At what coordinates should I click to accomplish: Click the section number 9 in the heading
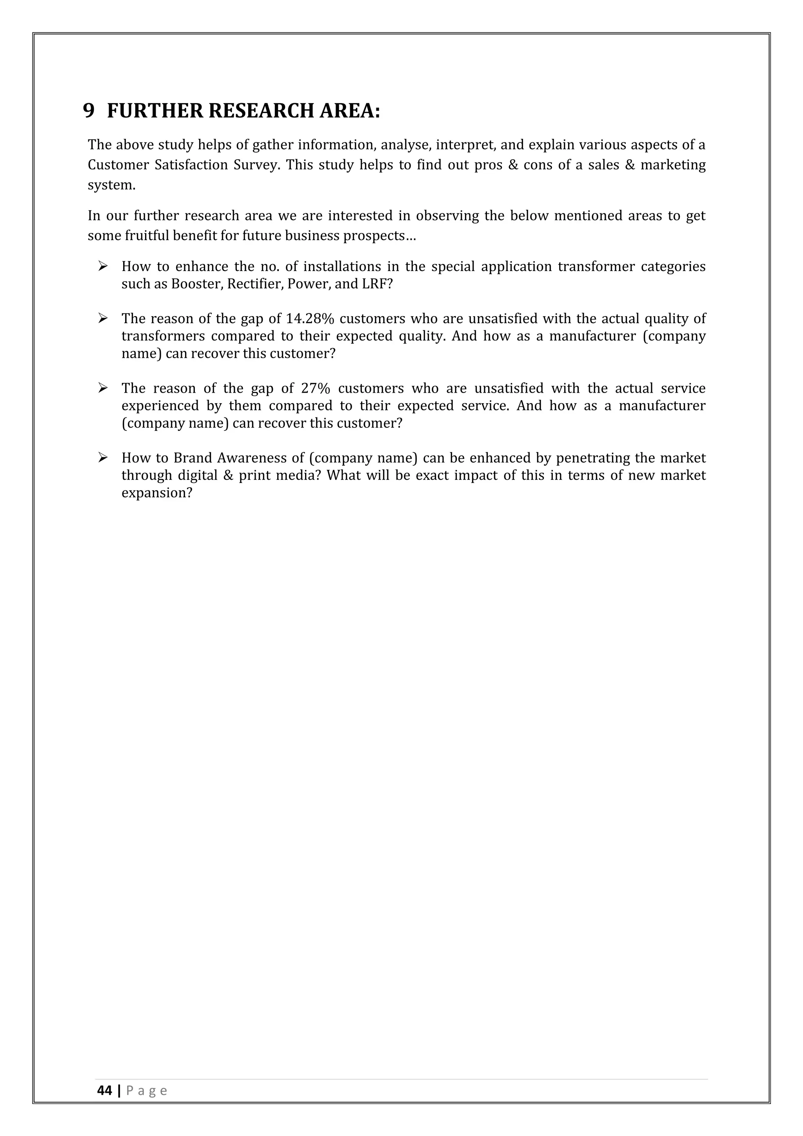(89, 110)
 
